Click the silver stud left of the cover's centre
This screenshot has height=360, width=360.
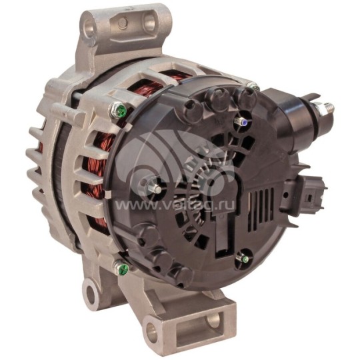tap(154, 189)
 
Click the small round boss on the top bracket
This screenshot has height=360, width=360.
tap(122, 23)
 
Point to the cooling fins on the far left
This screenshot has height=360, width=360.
tap(37, 160)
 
